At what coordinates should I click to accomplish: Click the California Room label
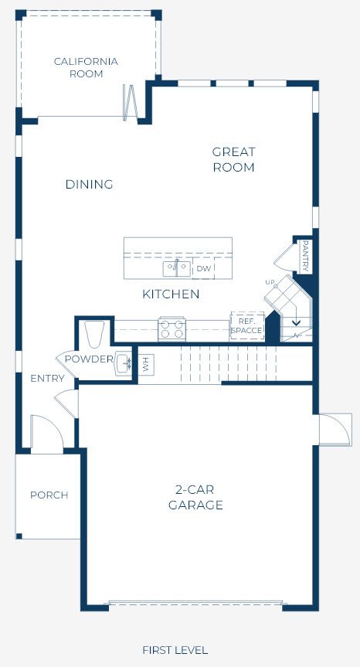pos(86,68)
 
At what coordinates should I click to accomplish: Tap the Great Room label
pos(233,159)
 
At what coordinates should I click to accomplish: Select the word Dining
pos(90,184)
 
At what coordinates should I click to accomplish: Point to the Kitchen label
pos(171,294)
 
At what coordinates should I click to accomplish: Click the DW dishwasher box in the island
pos(203,268)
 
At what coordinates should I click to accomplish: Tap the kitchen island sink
pos(176,268)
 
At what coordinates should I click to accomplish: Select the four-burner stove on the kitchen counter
pos(172,328)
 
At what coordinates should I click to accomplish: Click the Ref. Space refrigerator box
pos(247,326)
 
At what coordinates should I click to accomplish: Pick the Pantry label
pos(304,256)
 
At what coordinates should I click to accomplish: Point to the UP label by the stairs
pos(270,282)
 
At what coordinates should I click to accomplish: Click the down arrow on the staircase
pos(296,322)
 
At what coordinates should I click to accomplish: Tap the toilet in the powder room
pos(94,334)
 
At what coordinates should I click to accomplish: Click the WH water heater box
pos(146,364)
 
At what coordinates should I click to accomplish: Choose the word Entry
pos(47,378)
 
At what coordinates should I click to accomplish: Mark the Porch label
pos(49,495)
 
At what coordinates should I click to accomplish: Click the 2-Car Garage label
pos(195,497)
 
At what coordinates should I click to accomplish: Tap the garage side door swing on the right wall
pos(336,429)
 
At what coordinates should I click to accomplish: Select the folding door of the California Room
pos(130,103)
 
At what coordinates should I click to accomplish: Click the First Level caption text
pos(175,650)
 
